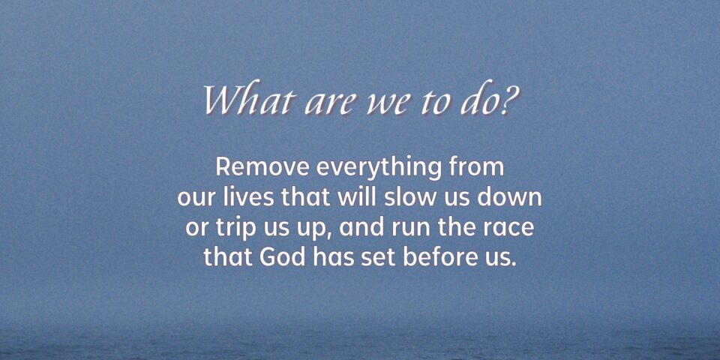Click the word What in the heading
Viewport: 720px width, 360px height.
pos(247,100)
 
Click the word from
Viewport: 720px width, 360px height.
pos(474,167)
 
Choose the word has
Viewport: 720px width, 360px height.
pos(334,257)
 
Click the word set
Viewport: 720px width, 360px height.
pos(377,258)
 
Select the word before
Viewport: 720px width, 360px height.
pos(440,257)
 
